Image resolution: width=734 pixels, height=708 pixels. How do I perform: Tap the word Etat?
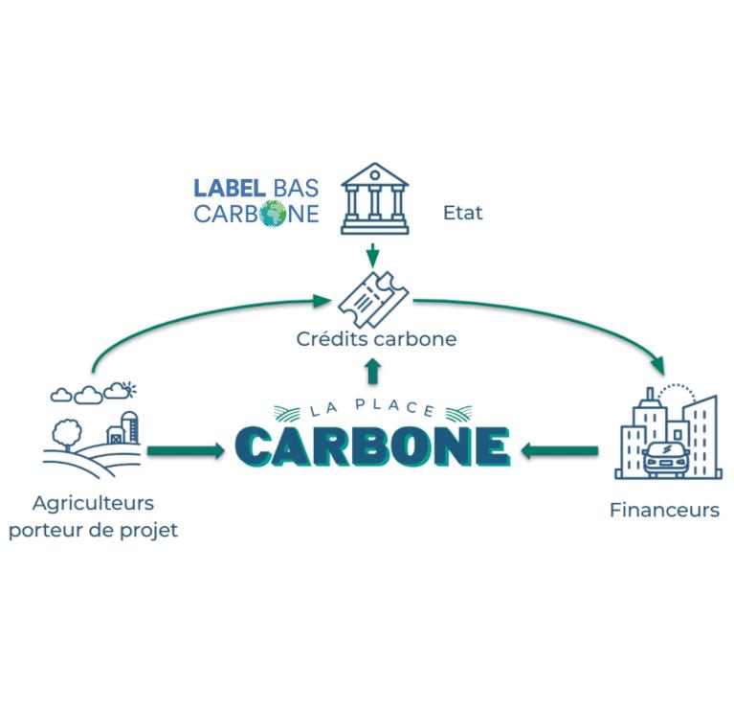(x=463, y=213)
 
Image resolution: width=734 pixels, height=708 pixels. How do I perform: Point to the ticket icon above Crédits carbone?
(x=372, y=298)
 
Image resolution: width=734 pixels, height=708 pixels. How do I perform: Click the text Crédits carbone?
(x=375, y=339)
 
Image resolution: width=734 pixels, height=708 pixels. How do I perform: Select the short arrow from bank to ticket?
(x=373, y=254)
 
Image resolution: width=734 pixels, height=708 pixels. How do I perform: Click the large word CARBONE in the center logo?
(x=372, y=445)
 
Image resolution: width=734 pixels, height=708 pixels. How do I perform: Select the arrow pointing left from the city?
(x=559, y=446)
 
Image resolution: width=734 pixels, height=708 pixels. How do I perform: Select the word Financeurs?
(x=664, y=510)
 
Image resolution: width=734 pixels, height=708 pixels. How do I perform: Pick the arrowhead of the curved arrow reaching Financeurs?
(x=656, y=368)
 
